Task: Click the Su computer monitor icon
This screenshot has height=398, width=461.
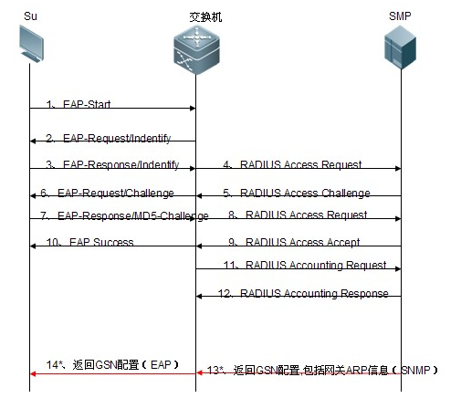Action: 31,44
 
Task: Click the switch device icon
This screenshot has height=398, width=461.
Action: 196,49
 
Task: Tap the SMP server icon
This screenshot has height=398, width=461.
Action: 400,47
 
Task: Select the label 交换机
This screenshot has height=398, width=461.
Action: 205,16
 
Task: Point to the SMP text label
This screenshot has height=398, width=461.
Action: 400,16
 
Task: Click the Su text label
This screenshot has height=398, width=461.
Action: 30,16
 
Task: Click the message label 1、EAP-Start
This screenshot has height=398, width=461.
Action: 79,104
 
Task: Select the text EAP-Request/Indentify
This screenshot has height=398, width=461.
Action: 117,138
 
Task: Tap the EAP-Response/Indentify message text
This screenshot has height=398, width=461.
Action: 120,164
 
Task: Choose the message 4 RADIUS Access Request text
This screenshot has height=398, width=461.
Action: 300,164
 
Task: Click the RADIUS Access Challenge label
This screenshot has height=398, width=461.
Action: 305,193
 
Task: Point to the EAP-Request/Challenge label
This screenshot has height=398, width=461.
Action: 116,193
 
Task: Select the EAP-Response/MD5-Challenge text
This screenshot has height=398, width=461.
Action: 133,215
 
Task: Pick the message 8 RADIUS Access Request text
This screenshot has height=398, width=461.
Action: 306,215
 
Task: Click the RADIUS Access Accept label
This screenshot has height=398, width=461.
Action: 302,242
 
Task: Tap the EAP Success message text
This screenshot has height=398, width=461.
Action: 101,242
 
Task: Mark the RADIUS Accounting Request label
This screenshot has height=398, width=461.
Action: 316,265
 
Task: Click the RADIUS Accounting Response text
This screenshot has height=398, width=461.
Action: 314,293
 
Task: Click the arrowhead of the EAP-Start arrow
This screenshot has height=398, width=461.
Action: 193,108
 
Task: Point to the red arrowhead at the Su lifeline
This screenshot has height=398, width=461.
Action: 33,373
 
